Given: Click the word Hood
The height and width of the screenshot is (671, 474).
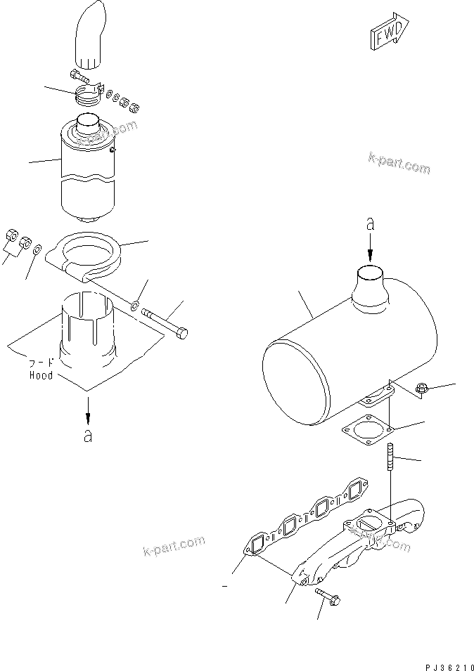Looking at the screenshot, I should point(40,376).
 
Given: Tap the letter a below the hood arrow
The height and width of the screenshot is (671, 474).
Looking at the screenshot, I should point(87,436).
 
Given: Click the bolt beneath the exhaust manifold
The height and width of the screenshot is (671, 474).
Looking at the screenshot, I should point(328,597).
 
